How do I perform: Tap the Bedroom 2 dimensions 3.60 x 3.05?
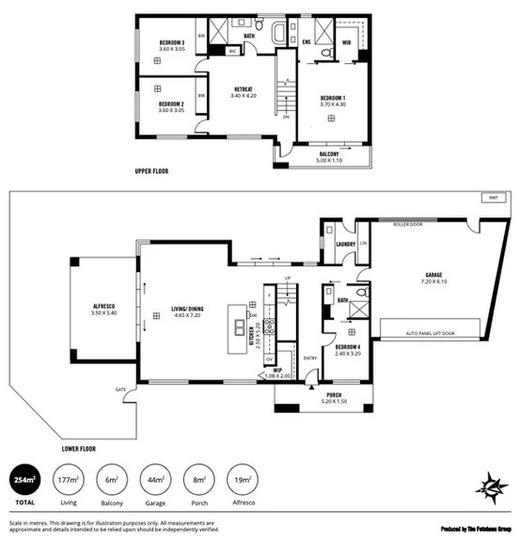[169, 110]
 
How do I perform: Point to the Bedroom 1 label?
[334, 99]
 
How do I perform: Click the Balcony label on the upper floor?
[329, 153]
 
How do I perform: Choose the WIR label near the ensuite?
[347, 42]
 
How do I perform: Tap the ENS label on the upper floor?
[307, 42]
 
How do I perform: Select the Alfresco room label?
[102, 307]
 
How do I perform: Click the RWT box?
[494, 198]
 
